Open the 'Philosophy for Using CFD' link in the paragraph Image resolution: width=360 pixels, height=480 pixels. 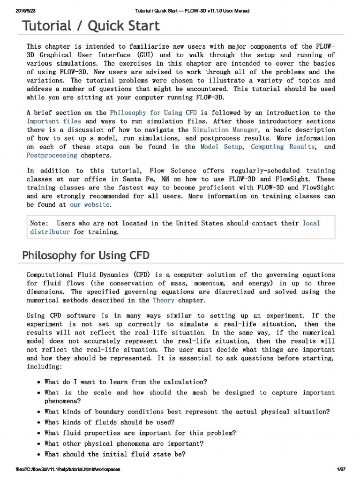[x=153, y=112]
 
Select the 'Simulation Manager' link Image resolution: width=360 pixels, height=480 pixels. [x=225, y=129]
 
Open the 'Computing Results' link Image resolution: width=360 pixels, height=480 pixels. [x=283, y=147]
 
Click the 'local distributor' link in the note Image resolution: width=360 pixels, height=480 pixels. [x=311, y=223]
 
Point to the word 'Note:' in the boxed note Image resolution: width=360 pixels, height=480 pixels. [x=39, y=223]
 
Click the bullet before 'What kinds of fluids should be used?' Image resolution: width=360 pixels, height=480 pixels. [x=38, y=422]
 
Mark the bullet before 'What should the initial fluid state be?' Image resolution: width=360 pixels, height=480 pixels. [x=38, y=454]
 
